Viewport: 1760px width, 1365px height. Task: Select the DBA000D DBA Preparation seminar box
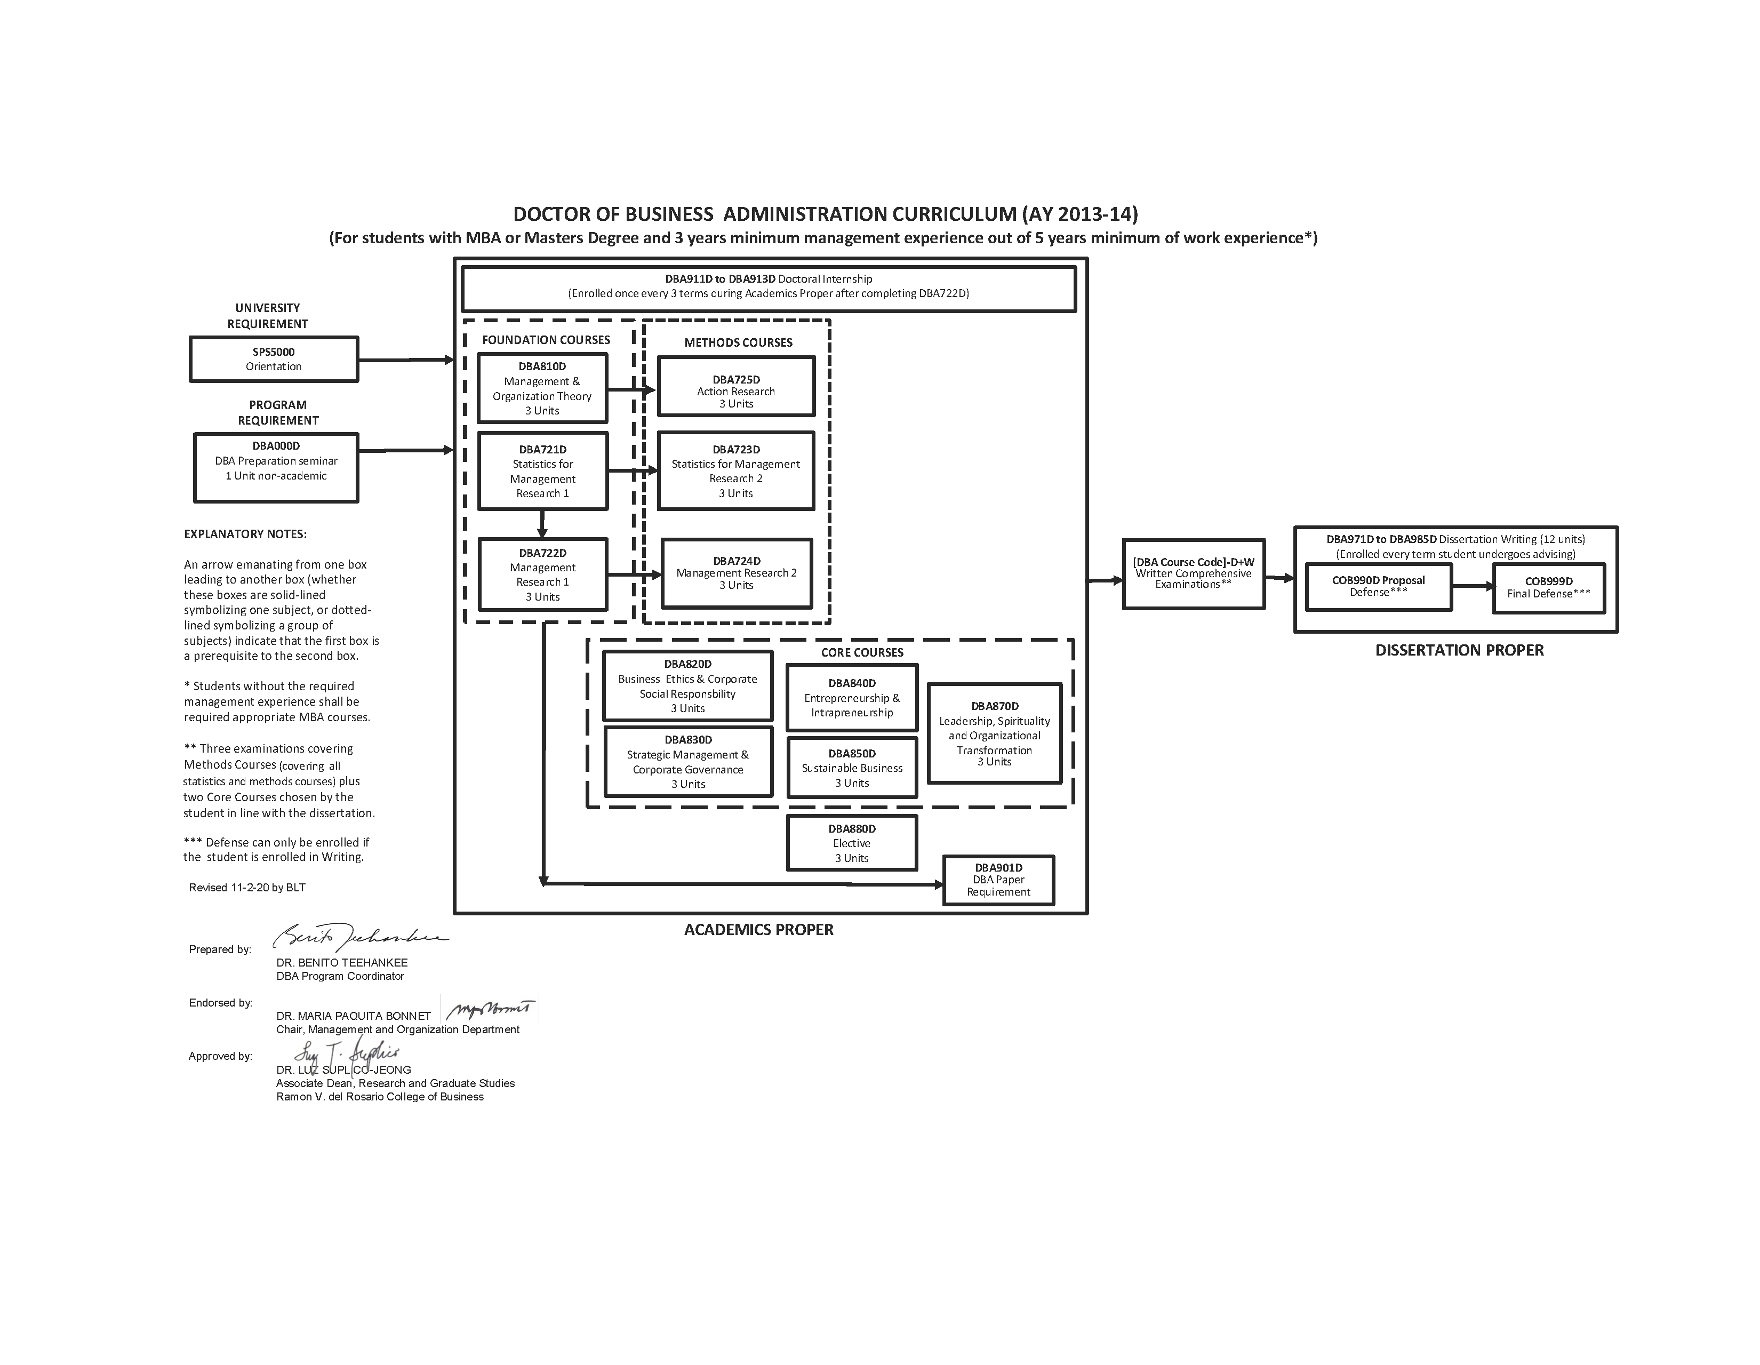276,467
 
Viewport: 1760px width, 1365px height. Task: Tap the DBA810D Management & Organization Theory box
542,388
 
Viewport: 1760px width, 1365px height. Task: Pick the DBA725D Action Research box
736,387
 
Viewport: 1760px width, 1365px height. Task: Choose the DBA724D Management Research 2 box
737,573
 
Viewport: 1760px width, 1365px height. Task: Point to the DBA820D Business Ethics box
687,686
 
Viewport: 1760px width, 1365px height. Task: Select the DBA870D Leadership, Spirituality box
995,733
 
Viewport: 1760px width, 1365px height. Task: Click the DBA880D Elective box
852,843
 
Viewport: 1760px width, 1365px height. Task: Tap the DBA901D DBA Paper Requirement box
998,880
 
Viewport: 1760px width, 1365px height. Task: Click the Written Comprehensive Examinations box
1194,574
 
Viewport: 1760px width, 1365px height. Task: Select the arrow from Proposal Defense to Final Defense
1473,587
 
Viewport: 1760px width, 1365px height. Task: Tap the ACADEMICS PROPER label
758,930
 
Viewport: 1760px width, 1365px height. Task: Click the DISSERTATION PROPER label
1459,650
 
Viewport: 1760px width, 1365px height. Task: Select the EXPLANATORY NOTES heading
245,534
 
